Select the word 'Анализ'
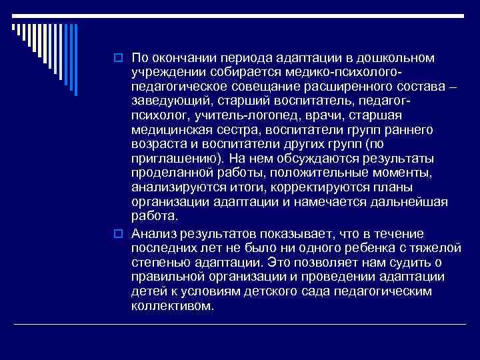(x=153, y=233)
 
